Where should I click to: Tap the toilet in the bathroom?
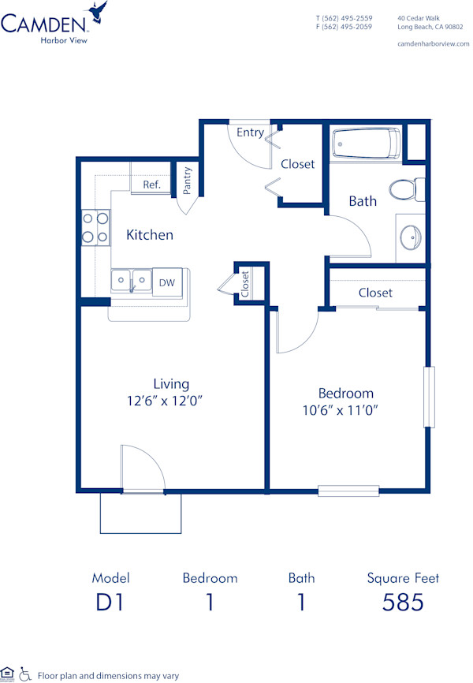(x=404, y=189)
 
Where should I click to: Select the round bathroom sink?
(x=411, y=236)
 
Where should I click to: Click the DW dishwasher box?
(x=166, y=282)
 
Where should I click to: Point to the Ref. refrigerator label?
(x=151, y=185)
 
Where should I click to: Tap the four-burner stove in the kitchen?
(x=95, y=227)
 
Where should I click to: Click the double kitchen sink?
(x=131, y=279)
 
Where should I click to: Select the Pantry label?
(x=188, y=180)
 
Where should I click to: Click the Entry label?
(x=250, y=132)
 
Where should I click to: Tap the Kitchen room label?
(x=150, y=235)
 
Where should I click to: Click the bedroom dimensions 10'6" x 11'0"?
(x=345, y=410)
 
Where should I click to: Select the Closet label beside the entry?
(x=297, y=164)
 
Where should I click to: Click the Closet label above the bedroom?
(x=375, y=293)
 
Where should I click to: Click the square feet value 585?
(x=403, y=603)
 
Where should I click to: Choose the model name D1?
(x=111, y=603)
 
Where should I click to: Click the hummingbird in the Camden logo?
(x=99, y=11)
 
